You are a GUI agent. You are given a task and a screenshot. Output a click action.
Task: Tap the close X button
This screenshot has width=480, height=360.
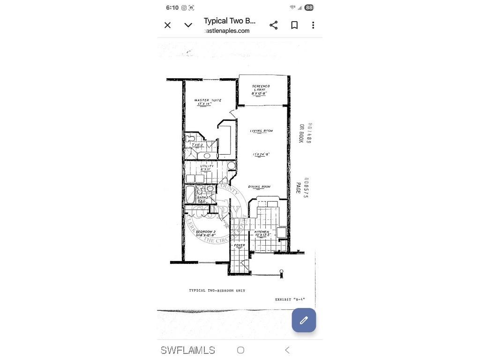click(x=167, y=25)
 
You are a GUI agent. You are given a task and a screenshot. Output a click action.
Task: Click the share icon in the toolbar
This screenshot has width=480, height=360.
click(x=274, y=25)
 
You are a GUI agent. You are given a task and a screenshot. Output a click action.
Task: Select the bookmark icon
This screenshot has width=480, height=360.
click(x=294, y=25)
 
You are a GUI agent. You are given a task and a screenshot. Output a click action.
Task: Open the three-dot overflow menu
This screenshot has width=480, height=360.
click(x=313, y=25)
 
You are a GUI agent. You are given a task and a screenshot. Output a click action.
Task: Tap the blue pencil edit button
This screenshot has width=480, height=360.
click(x=304, y=320)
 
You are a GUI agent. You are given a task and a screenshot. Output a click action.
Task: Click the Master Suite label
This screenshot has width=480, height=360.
click(x=208, y=100)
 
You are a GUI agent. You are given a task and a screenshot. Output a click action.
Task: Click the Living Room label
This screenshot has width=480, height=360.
click(x=261, y=131)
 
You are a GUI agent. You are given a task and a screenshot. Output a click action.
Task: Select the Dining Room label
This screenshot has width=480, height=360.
click(x=259, y=187)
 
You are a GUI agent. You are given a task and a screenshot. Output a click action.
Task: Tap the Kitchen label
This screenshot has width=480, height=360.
click(x=262, y=232)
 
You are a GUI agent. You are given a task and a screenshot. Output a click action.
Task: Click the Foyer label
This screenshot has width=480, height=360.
click(x=240, y=245)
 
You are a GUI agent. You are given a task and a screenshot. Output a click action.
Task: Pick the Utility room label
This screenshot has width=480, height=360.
click(x=207, y=166)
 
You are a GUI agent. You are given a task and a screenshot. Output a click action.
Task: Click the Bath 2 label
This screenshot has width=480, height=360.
click(x=202, y=198)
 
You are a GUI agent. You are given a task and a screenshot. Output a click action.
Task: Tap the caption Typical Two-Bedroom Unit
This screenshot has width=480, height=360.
click(x=217, y=291)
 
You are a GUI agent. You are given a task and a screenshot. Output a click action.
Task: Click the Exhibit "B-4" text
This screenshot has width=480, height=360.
click(x=290, y=300)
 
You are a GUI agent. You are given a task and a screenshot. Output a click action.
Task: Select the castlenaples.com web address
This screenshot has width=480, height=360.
click(x=227, y=31)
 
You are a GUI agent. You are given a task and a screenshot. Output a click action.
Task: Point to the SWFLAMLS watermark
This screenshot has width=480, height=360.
click(x=188, y=350)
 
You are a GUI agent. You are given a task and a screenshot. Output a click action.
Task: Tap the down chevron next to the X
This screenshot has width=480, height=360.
click(x=188, y=25)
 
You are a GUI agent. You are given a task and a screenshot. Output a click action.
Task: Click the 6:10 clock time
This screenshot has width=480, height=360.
click(x=172, y=7)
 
